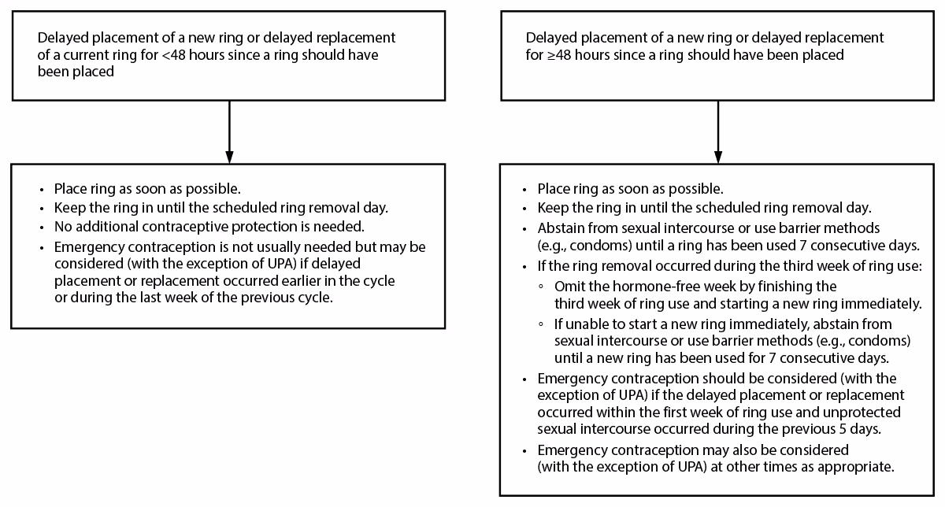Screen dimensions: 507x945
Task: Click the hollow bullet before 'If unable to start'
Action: pos(540,324)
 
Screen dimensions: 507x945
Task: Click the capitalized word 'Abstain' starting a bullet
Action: pos(561,228)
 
